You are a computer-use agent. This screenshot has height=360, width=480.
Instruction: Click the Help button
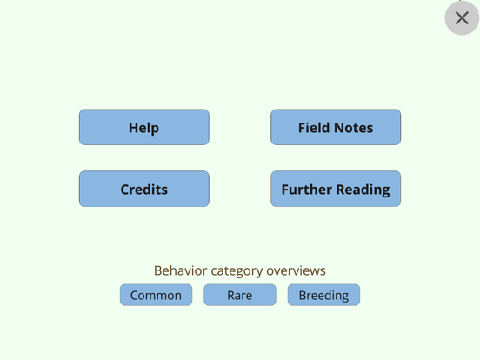[x=144, y=127]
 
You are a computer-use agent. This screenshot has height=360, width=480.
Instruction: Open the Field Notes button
[x=336, y=127]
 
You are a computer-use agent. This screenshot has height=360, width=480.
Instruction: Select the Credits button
[x=144, y=189]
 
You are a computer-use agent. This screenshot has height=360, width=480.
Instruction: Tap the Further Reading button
[x=336, y=189]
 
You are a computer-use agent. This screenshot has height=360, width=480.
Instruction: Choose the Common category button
[x=157, y=295]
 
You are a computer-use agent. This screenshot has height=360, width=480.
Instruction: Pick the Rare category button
[x=240, y=295]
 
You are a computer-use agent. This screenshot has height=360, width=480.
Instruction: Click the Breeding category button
[x=323, y=295]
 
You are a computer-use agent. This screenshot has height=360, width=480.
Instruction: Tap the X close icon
[x=462, y=17]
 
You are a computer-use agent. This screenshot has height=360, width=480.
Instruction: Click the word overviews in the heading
[x=296, y=270]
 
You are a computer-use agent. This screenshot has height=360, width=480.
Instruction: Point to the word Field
[x=314, y=128]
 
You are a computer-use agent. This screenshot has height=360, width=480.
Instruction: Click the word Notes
[x=354, y=128]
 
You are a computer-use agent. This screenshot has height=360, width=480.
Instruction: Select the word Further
[x=307, y=190]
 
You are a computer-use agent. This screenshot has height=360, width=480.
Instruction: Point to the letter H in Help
[x=133, y=128]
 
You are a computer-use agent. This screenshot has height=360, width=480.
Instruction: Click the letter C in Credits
[x=125, y=190]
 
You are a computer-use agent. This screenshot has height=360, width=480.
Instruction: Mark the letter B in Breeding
[x=303, y=296]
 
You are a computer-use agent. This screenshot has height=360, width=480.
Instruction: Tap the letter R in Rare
[x=230, y=296]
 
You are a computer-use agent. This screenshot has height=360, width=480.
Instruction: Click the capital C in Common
[x=135, y=296]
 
